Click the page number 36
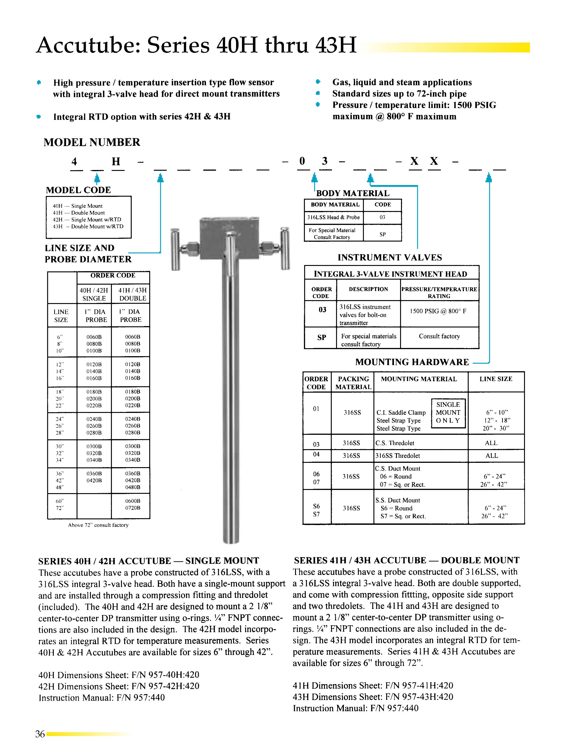40,734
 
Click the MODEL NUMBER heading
92,142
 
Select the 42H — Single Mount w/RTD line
87,220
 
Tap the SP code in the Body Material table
382,234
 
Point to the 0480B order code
133,487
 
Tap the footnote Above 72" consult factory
98,525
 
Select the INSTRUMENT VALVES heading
390,258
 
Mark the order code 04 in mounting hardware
316,455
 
